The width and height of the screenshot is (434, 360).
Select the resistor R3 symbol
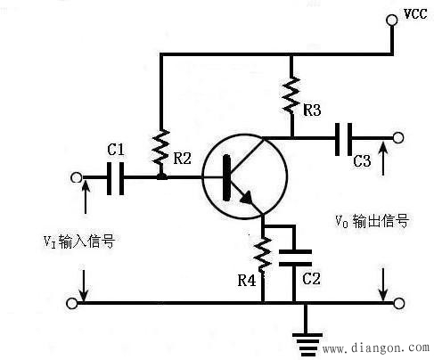(291, 90)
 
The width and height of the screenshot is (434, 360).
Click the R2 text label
(183, 159)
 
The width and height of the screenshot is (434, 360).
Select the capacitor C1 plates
(115, 178)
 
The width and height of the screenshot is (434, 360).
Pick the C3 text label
(362, 161)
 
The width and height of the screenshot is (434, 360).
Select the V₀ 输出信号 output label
(372, 220)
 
